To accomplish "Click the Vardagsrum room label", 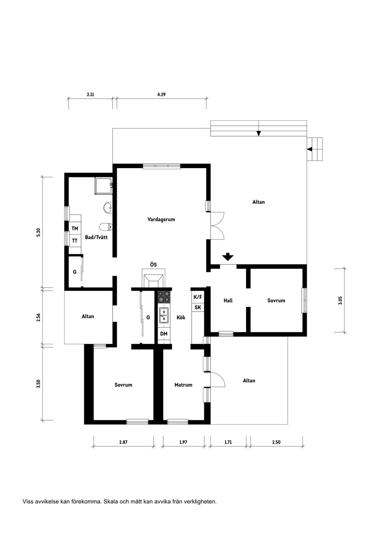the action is point(161,220).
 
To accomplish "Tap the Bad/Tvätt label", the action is point(96,237).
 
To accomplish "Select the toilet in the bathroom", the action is point(106,227).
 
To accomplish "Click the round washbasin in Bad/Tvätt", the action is point(108,208).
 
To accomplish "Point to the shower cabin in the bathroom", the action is point(104,186).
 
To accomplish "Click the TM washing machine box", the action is point(75,228).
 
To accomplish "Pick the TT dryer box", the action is point(75,241).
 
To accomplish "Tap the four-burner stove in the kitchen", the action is point(164,297).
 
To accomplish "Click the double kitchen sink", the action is point(164,315).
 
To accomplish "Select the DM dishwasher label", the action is point(164,334).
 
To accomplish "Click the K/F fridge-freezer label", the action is point(197,297).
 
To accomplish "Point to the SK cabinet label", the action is point(197,308).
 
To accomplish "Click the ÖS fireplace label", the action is point(153,264).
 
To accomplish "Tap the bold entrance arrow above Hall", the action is point(228,257).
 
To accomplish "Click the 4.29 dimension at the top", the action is point(161,94).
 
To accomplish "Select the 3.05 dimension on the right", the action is point(340,301).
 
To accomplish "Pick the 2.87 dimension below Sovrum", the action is point(123,442).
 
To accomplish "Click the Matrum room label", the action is point(183,385).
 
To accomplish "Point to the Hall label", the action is point(228,300).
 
